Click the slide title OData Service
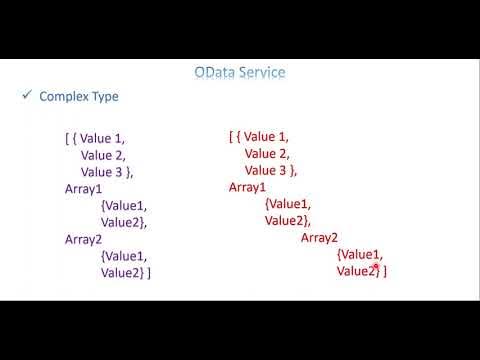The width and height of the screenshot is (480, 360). click(239, 73)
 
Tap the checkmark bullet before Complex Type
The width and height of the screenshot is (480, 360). click(27, 96)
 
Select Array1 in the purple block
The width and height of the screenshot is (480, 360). click(84, 188)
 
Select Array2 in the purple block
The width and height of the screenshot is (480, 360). click(84, 239)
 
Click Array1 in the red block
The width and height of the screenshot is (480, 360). click(248, 187)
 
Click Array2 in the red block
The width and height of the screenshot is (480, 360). click(320, 238)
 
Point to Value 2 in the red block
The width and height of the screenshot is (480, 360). click(266, 153)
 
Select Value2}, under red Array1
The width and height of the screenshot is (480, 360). click(288, 221)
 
